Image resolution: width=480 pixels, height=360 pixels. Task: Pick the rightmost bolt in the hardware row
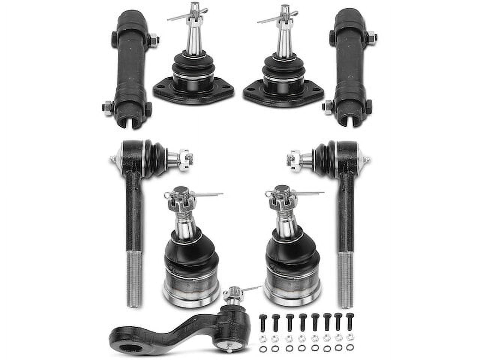point(350,321)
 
